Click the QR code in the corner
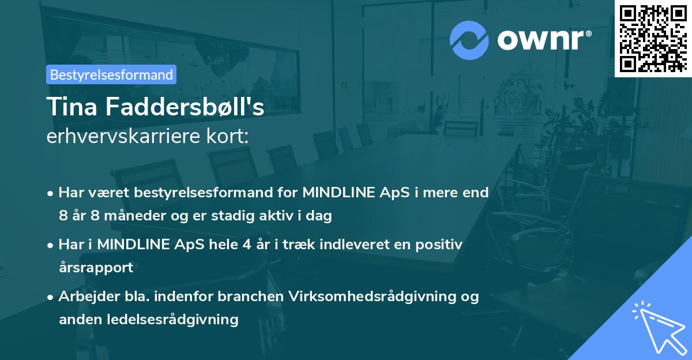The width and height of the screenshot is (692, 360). point(652,38)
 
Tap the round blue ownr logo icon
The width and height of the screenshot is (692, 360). point(469,40)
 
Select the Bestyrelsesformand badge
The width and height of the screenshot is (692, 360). point(111,74)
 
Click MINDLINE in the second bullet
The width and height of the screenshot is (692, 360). point(134,245)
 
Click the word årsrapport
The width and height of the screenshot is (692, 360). point(96,268)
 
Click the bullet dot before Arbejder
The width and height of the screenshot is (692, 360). point(51,297)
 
